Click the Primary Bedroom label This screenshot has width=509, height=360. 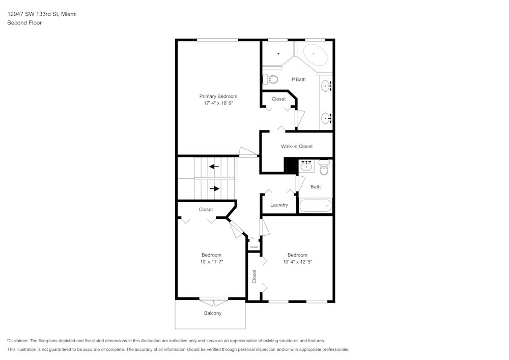(218, 96)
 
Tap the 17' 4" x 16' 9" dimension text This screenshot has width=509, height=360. (218, 103)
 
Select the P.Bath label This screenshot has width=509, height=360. (298, 79)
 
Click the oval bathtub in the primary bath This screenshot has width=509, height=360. (313, 53)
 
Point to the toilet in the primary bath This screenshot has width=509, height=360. (270, 79)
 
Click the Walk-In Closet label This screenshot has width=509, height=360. (297, 147)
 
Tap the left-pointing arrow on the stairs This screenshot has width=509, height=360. (214, 166)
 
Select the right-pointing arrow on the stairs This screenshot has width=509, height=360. (214, 188)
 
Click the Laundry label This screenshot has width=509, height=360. (279, 205)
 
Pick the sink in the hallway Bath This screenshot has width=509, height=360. (306, 166)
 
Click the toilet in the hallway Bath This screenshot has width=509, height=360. (324, 168)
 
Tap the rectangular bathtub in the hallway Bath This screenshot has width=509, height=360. (316, 206)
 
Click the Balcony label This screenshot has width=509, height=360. (212, 313)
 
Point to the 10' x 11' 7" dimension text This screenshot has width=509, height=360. (211, 262)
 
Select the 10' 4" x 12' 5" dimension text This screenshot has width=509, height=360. (297, 262)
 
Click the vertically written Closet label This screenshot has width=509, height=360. (254, 276)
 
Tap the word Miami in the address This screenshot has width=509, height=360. (69, 14)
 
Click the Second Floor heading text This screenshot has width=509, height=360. (24, 23)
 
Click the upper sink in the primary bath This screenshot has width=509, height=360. (326, 86)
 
